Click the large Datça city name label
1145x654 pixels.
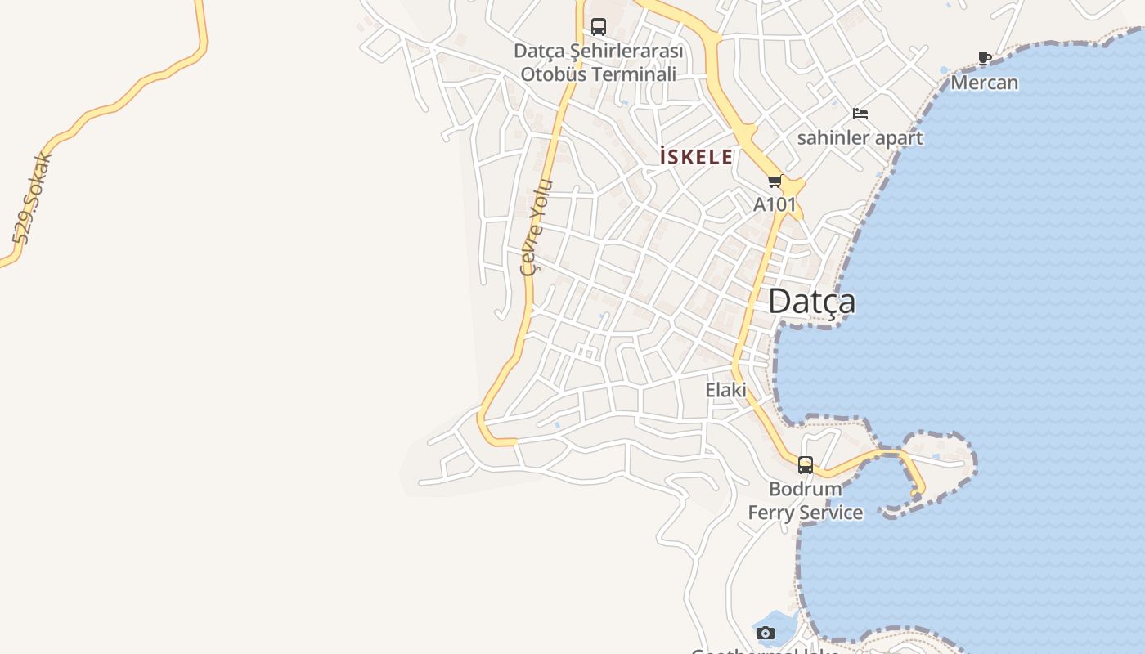pos(811,302)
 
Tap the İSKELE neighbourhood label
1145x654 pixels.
pos(696,157)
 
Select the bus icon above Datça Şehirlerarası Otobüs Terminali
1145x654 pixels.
pos(599,27)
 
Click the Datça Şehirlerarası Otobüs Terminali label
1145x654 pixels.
pos(599,62)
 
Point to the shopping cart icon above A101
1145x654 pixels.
pos(775,181)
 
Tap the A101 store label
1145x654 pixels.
pos(774,204)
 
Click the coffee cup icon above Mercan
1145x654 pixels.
pos(985,59)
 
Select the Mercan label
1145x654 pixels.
pos(984,83)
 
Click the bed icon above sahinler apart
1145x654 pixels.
pos(860,113)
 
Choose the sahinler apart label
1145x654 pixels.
pos(860,137)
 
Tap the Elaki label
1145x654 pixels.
pos(726,391)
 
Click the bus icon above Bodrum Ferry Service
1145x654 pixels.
pos(806,465)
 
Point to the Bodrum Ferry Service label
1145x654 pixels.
pos(806,500)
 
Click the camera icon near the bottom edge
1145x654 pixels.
pos(766,633)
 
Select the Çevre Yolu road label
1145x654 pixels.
pos(537,227)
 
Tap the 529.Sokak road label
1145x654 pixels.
pos(33,199)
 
